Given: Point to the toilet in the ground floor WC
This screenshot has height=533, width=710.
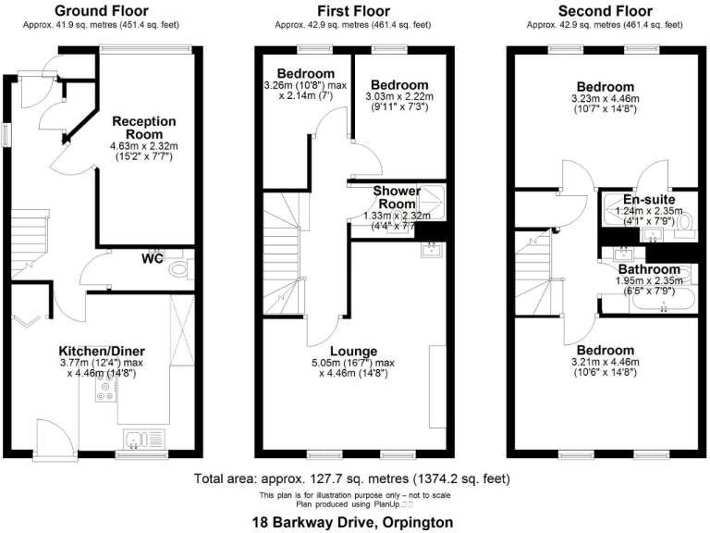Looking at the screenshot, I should (x=179, y=267).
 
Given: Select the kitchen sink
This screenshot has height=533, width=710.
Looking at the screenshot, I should (x=142, y=439).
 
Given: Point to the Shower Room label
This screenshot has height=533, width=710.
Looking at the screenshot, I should (x=397, y=197).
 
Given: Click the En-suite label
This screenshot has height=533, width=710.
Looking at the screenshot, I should (x=648, y=199).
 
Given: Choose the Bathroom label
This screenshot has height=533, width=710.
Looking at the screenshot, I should (x=649, y=269).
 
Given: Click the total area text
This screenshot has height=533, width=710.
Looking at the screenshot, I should (x=351, y=479).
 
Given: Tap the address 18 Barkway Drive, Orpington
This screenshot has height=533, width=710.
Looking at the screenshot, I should (x=355, y=523).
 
